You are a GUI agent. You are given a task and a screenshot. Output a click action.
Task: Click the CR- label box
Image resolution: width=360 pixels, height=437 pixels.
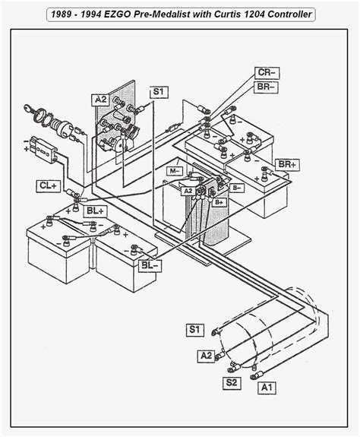[x=267, y=73]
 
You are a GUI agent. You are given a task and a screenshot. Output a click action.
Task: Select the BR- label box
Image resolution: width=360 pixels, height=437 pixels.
[x=266, y=87]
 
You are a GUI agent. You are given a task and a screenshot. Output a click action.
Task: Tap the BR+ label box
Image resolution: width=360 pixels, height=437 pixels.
[x=287, y=165]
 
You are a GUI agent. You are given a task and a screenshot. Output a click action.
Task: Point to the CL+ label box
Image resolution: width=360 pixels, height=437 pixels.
[x=49, y=186]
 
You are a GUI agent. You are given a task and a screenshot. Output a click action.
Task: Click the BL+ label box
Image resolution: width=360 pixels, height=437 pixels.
[x=95, y=211]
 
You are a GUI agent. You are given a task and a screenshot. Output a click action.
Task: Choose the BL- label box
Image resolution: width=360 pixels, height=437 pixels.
[x=150, y=265]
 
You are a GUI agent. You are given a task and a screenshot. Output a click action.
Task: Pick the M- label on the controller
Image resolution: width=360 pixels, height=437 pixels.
[x=175, y=171]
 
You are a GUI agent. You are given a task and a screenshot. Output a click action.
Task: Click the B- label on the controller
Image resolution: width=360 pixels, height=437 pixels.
[x=236, y=188]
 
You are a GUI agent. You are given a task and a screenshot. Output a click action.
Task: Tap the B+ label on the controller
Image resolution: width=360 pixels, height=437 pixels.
[x=219, y=202]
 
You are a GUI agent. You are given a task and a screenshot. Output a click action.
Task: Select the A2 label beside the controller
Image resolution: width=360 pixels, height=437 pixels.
[x=188, y=191]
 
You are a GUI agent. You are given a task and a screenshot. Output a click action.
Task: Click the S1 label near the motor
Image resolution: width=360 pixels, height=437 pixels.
[x=194, y=330]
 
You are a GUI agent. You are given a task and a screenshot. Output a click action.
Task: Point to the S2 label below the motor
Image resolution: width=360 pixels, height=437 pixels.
[x=232, y=383]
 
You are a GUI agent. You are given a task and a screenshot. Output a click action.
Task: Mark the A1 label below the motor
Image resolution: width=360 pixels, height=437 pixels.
[x=267, y=388]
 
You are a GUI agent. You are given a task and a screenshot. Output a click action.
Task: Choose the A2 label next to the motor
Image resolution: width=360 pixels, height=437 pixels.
[x=207, y=356]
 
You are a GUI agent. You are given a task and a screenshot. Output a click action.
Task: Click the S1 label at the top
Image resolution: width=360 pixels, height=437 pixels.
[x=159, y=92]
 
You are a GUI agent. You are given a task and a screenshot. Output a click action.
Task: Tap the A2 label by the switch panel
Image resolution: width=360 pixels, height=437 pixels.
[x=100, y=100]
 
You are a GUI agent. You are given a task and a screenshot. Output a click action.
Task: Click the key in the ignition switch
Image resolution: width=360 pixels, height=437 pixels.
[x=28, y=108]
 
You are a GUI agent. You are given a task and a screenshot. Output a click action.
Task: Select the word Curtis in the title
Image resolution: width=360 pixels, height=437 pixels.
[x=227, y=14]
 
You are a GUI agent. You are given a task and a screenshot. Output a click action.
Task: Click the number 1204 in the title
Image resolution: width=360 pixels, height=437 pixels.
[x=254, y=14]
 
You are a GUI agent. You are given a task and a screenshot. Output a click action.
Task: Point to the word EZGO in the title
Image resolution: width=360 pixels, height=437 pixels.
[x=117, y=14]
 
